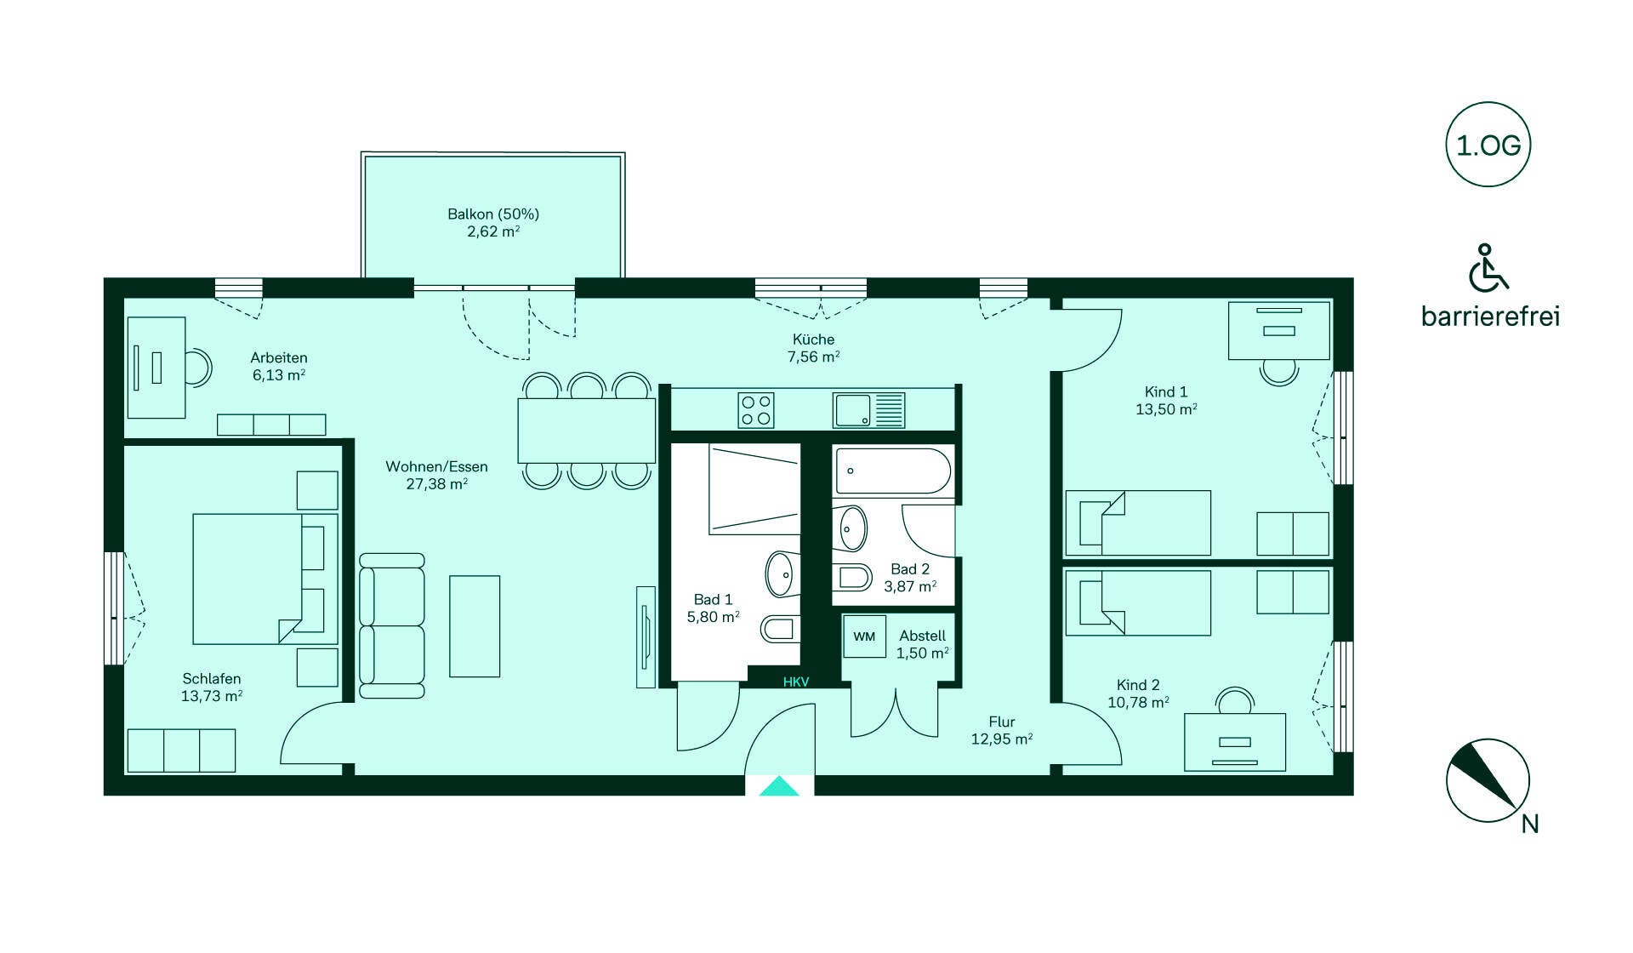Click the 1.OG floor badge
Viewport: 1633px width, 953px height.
coord(1488,145)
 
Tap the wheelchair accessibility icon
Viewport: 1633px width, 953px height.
coord(1488,267)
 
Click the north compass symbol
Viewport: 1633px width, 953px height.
coord(1488,780)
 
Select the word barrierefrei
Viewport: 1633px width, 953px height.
coord(1490,317)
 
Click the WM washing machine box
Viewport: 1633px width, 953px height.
coord(864,636)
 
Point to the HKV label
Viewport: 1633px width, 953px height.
coord(796,682)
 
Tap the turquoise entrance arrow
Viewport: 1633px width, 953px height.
coord(779,786)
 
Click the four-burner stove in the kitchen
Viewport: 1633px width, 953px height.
coord(756,409)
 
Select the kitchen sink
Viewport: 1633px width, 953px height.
coord(869,410)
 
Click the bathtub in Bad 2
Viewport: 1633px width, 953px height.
coord(893,471)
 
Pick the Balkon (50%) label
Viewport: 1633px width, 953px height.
coord(493,214)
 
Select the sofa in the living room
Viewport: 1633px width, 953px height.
coord(391,625)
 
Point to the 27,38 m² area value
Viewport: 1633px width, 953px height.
coord(437,483)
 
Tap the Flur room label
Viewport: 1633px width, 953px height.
coord(1002,722)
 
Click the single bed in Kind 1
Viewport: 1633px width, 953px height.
coord(1138,522)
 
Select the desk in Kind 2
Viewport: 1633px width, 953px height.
coord(1235,743)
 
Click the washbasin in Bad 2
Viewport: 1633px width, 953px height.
coord(852,528)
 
